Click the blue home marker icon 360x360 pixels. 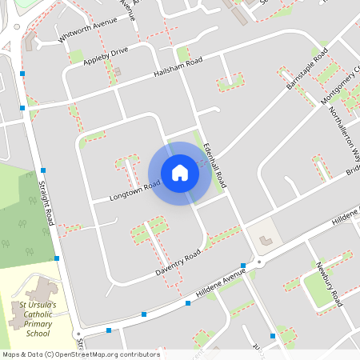pos(180,172)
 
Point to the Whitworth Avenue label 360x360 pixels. pos(83,33)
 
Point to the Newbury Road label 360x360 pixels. pos(329,283)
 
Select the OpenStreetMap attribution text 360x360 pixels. pos(80,354)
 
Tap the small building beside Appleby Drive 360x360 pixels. pos(117,72)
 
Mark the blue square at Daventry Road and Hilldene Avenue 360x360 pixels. pos(242,266)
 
